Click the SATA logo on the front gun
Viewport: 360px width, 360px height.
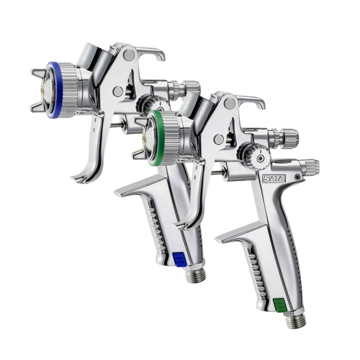pyautogui.click(x=274, y=178)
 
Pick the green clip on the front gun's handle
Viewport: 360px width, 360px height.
pyautogui.click(x=280, y=305)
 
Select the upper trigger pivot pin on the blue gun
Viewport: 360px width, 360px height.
pyautogui.click(x=129, y=54)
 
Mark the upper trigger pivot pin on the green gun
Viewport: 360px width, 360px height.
pyautogui.click(x=230, y=103)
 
